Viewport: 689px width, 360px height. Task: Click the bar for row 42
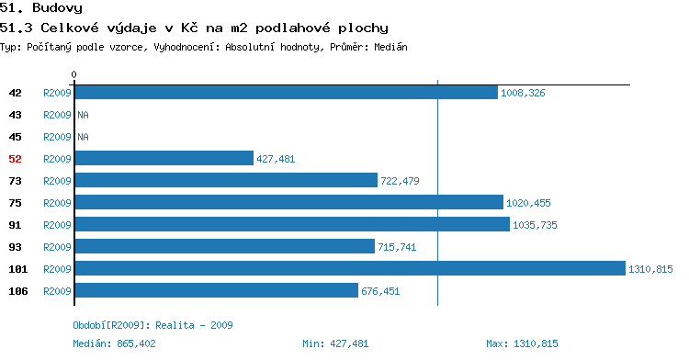[x=286, y=92]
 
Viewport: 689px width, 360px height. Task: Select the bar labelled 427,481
[x=164, y=158]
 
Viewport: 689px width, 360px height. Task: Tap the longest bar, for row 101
[x=350, y=268]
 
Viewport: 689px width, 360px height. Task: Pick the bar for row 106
[x=217, y=290]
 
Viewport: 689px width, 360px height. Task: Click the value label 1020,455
[x=528, y=203]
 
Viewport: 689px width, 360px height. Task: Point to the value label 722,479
[x=400, y=181]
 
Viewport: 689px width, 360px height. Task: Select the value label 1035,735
[x=535, y=225]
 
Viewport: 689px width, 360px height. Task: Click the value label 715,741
[x=397, y=247]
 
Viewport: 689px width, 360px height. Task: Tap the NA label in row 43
[x=83, y=115]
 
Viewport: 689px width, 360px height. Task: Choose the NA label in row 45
[x=83, y=137]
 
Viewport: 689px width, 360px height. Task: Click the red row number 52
[x=15, y=159]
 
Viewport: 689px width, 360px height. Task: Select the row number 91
[x=15, y=225]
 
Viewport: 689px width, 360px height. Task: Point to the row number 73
[x=15, y=181]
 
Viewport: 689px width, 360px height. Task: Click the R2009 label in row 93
[x=57, y=247]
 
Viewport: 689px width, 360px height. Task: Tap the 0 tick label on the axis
[x=73, y=74]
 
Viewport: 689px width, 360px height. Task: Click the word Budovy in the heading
[x=57, y=8]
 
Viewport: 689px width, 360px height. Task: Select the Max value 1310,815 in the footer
[x=536, y=343]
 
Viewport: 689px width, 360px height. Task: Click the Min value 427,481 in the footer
[x=349, y=343]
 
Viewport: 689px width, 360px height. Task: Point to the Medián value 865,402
[x=136, y=343]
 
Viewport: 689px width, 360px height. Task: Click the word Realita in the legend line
[x=175, y=325]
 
